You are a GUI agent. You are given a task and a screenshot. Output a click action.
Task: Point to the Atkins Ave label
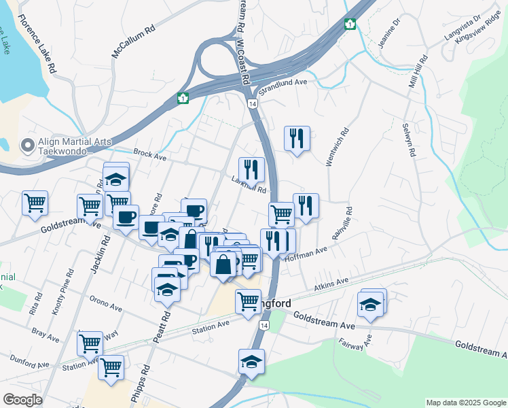pyautogui.click(x=331, y=285)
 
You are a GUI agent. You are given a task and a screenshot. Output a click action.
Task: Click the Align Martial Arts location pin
pyautogui.click(x=28, y=145)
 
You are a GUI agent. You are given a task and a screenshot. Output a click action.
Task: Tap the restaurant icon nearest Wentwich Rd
pyautogui.click(x=297, y=139)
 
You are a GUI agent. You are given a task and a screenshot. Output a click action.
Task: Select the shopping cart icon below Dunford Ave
pyautogui.click(x=111, y=367)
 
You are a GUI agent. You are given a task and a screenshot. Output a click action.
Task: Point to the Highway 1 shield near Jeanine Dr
pyautogui.click(x=350, y=24)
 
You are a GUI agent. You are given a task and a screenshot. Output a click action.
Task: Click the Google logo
pyautogui.click(x=23, y=399)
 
